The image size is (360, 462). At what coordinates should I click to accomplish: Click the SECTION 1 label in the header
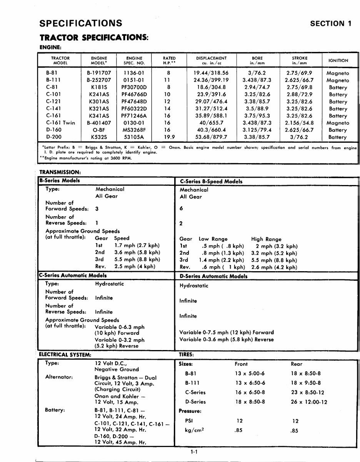pos(331,23)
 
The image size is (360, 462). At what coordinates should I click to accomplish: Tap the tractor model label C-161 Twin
pos(60,123)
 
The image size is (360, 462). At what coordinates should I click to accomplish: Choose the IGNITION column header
pos(338,60)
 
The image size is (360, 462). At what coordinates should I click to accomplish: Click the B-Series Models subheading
pos(59,181)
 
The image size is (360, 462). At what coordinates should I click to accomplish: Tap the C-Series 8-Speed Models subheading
pos(211,182)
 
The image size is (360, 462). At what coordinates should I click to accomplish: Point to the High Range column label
pos(266,239)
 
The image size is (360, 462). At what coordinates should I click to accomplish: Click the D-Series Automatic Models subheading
pos(213,276)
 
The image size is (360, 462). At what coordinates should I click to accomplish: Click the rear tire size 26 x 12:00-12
pos(309,402)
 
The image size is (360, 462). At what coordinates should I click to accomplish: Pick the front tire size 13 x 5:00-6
pos(250,374)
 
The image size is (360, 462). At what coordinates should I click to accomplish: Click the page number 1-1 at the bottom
pos(194,452)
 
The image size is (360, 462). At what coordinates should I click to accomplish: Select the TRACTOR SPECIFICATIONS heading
pos(94,38)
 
